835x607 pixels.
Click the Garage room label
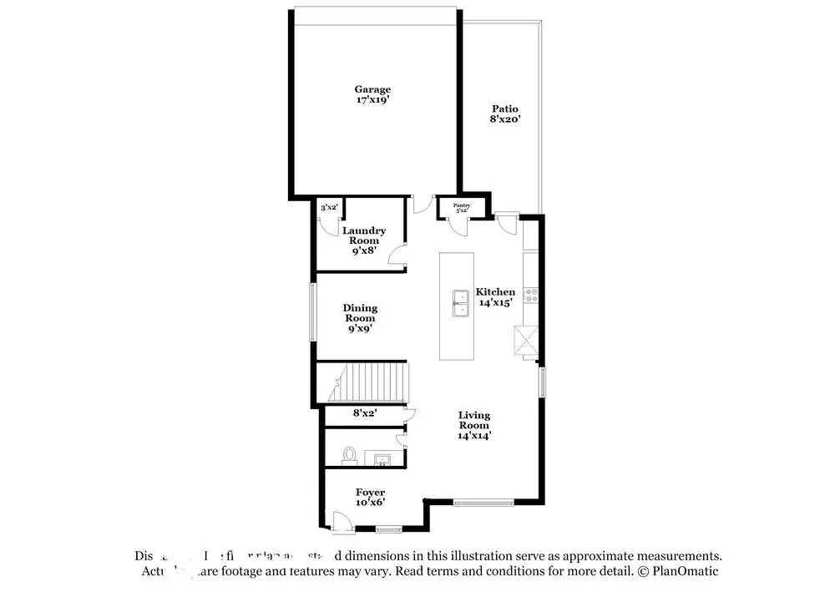tap(372, 94)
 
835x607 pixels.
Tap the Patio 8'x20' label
tap(504, 114)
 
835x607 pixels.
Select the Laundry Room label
tap(364, 240)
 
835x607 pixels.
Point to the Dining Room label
tap(360, 318)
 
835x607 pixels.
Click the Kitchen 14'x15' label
tap(495, 297)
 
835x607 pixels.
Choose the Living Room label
tap(473, 425)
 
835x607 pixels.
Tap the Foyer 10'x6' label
tap(370, 498)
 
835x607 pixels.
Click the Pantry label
tap(462, 207)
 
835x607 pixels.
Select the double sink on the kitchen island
tap(459, 304)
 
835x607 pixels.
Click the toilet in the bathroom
tap(350, 456)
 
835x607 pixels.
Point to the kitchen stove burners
tap(532, 295)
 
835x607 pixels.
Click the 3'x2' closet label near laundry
tap(329, 207)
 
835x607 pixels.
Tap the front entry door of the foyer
tap(342, 522)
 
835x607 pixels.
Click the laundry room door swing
tap(398, 256)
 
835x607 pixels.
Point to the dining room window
tap(314, 312)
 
